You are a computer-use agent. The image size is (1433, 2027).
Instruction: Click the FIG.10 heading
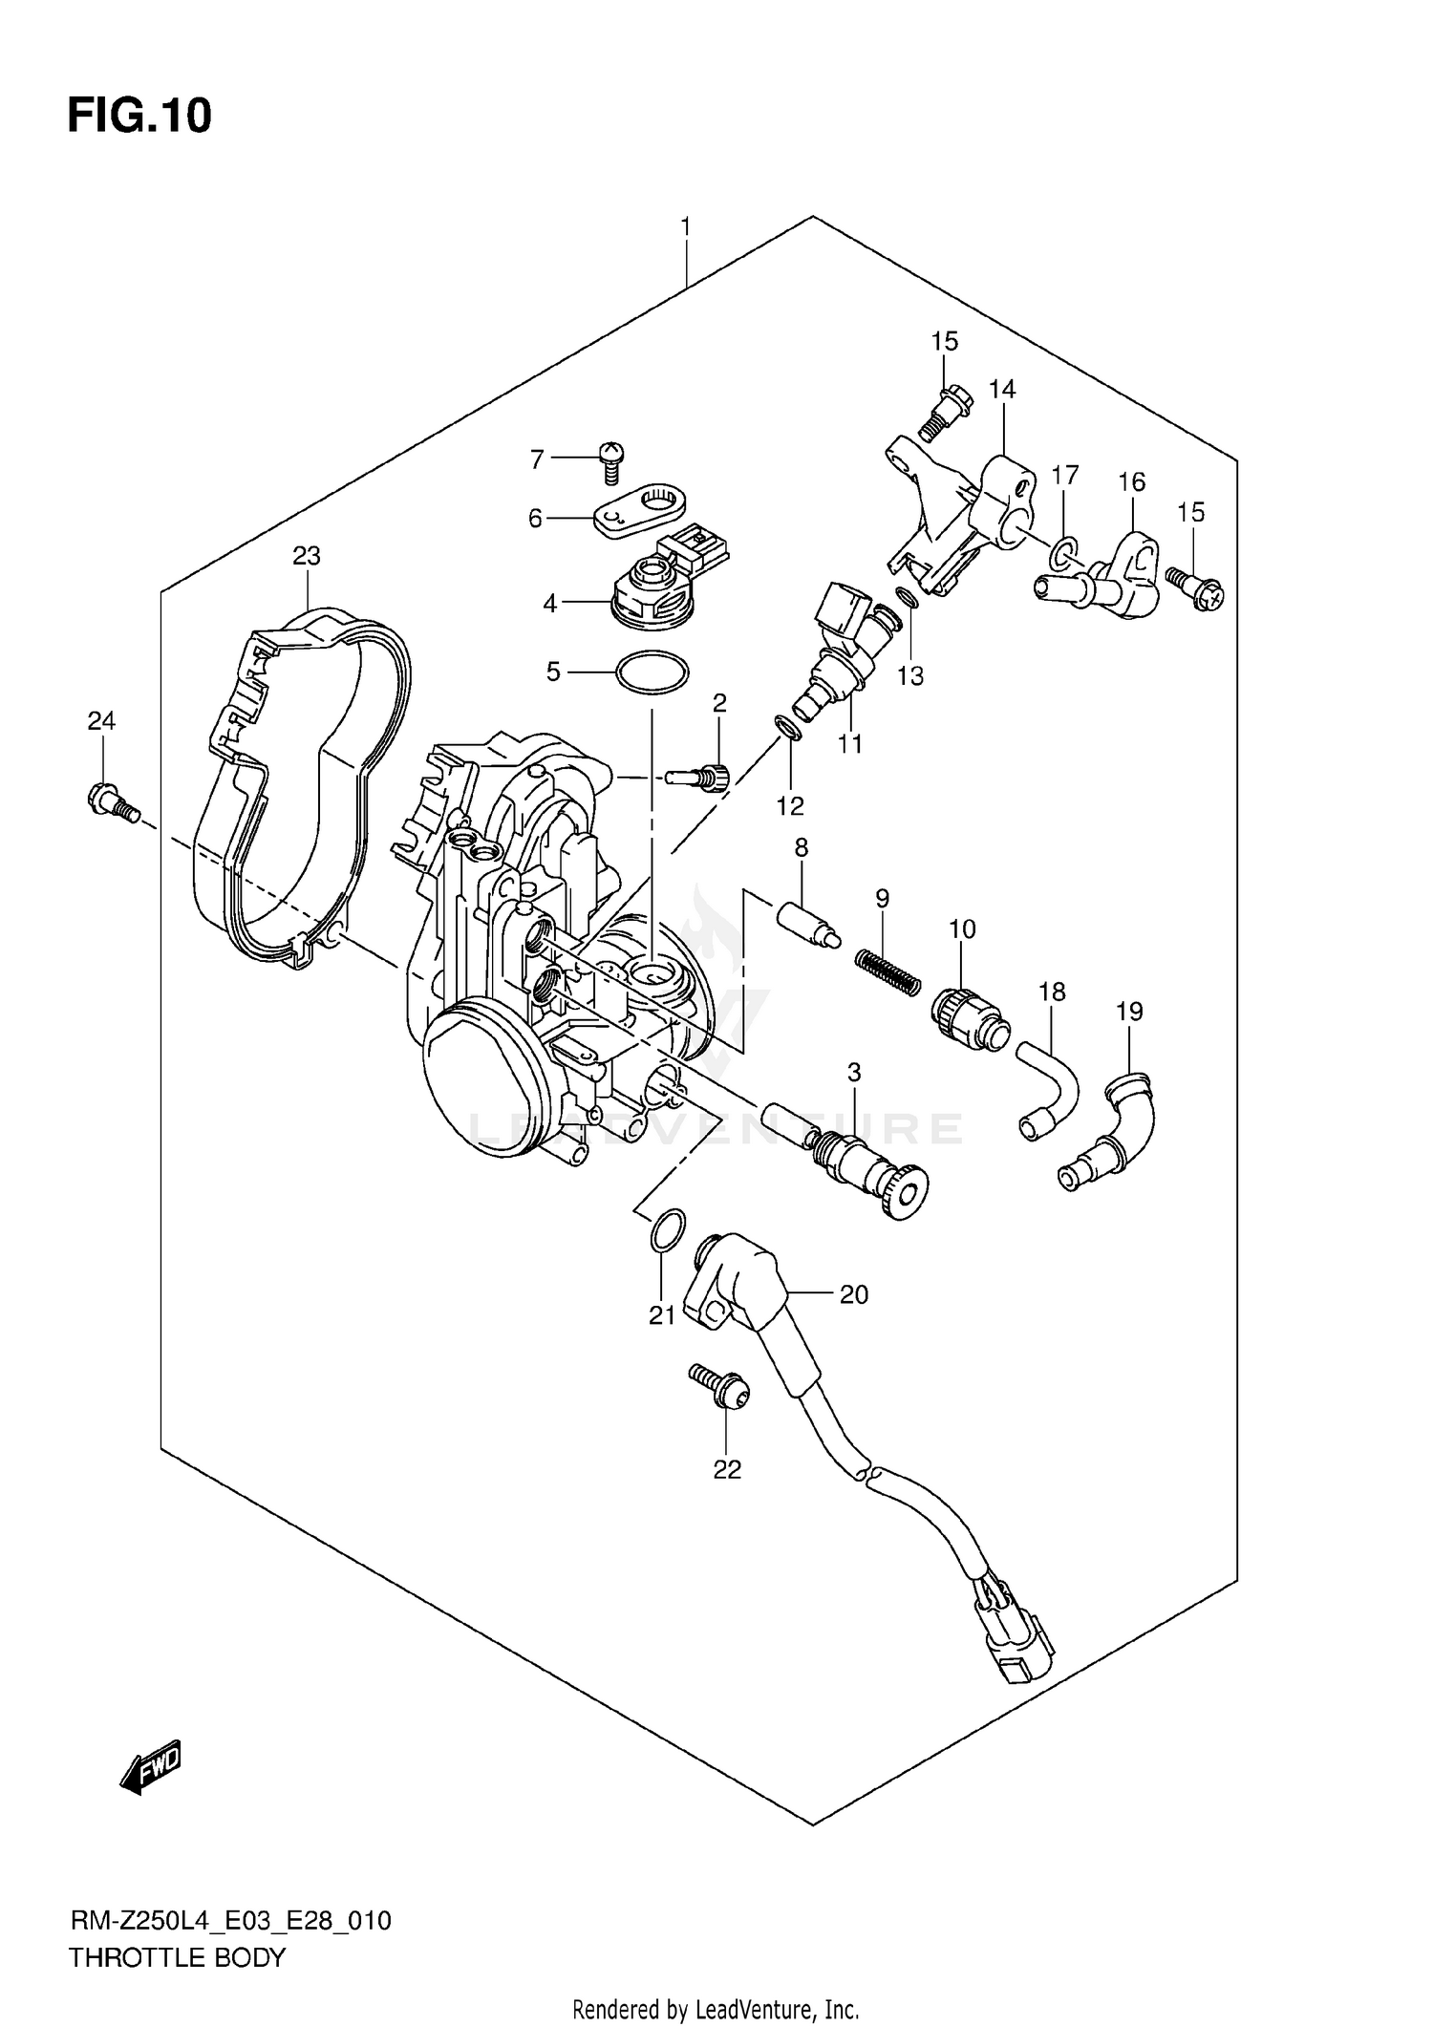(139, 117)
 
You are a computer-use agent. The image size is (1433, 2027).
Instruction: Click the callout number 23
(307, 555)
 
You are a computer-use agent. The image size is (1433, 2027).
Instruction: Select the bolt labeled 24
(112, 800)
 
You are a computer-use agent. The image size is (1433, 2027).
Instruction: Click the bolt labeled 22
(723, 1391)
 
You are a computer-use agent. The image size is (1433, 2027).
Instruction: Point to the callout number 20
(853, 1294)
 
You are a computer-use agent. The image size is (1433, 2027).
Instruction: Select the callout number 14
(1002, 389)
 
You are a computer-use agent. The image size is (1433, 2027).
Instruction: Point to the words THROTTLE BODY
(177, 1957)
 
